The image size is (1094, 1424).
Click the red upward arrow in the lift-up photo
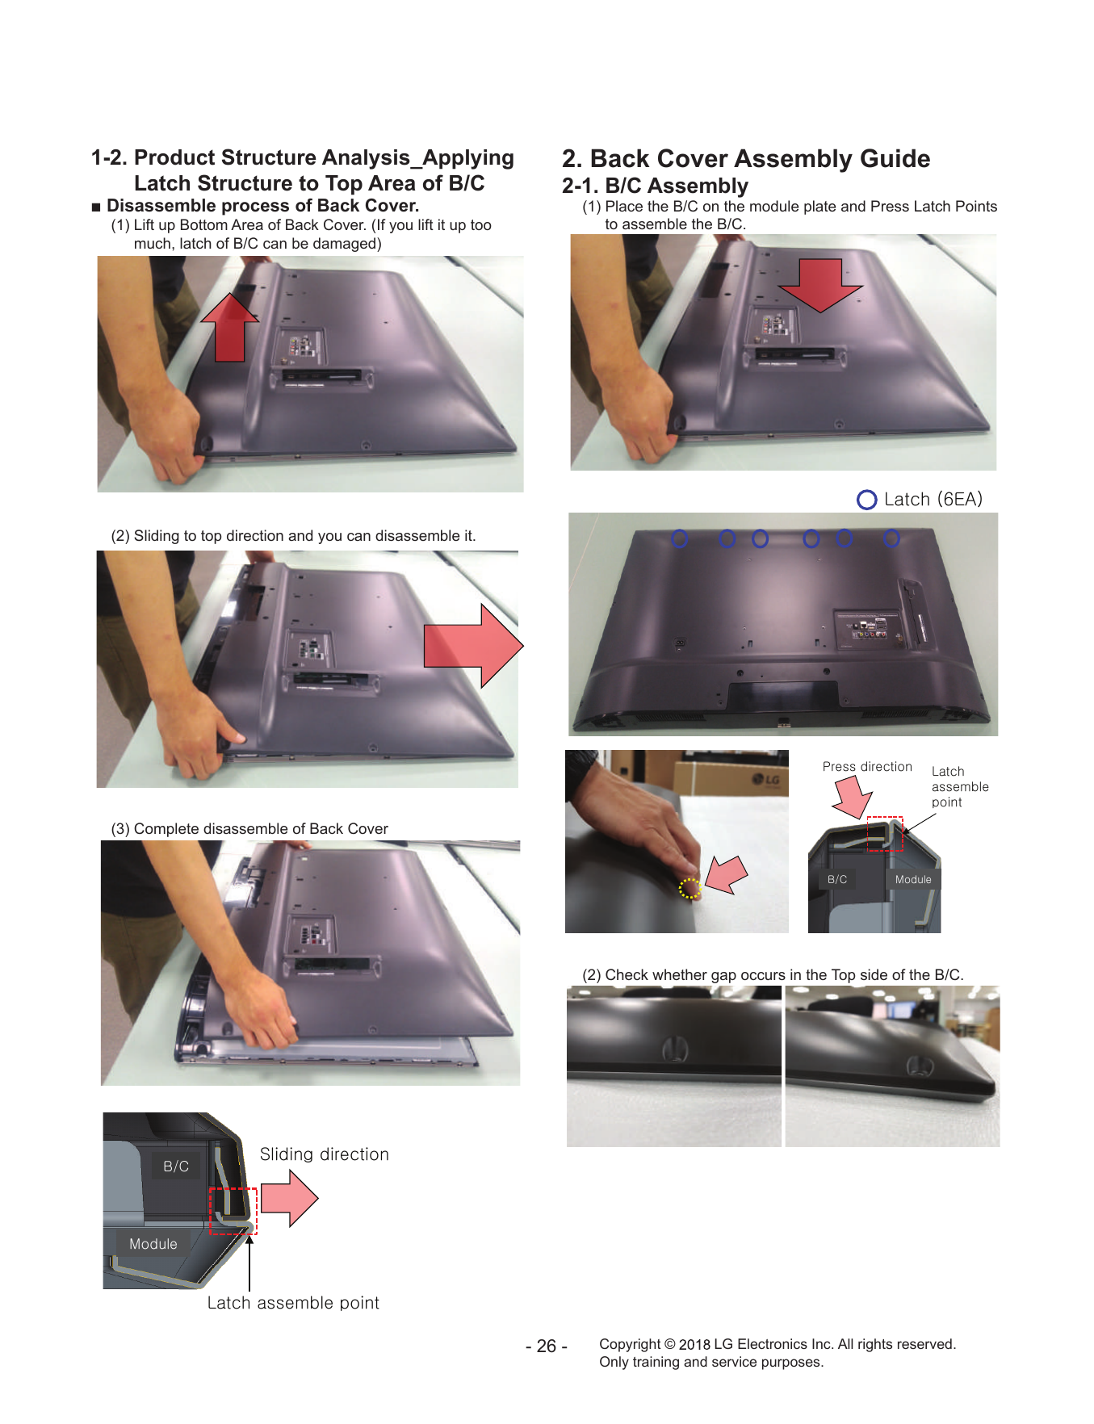click(230, 327)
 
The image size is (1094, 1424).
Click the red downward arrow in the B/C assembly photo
click(820, 285)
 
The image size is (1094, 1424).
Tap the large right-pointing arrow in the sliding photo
click(473, 646)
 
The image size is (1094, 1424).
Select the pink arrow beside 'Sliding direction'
click(289, 1199)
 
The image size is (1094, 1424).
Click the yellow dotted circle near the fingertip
click(690, 888)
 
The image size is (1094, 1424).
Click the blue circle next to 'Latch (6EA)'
click(866, 500)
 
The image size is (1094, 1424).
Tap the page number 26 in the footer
click(547, 1346)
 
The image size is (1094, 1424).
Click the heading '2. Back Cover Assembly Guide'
click(746, 158)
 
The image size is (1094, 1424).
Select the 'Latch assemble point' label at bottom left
click(293, 1302)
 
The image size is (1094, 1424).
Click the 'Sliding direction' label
click(325, 1154)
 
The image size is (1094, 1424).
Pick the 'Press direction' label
click(867, 766)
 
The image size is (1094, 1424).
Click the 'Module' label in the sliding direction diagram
click(153, 1244)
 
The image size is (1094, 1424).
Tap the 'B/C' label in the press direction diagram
click(837, 879)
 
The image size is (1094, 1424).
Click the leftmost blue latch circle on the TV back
click(680, 538)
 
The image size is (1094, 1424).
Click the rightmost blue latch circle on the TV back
click(891, 538)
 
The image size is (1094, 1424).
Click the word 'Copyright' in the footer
click(630, 1344)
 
